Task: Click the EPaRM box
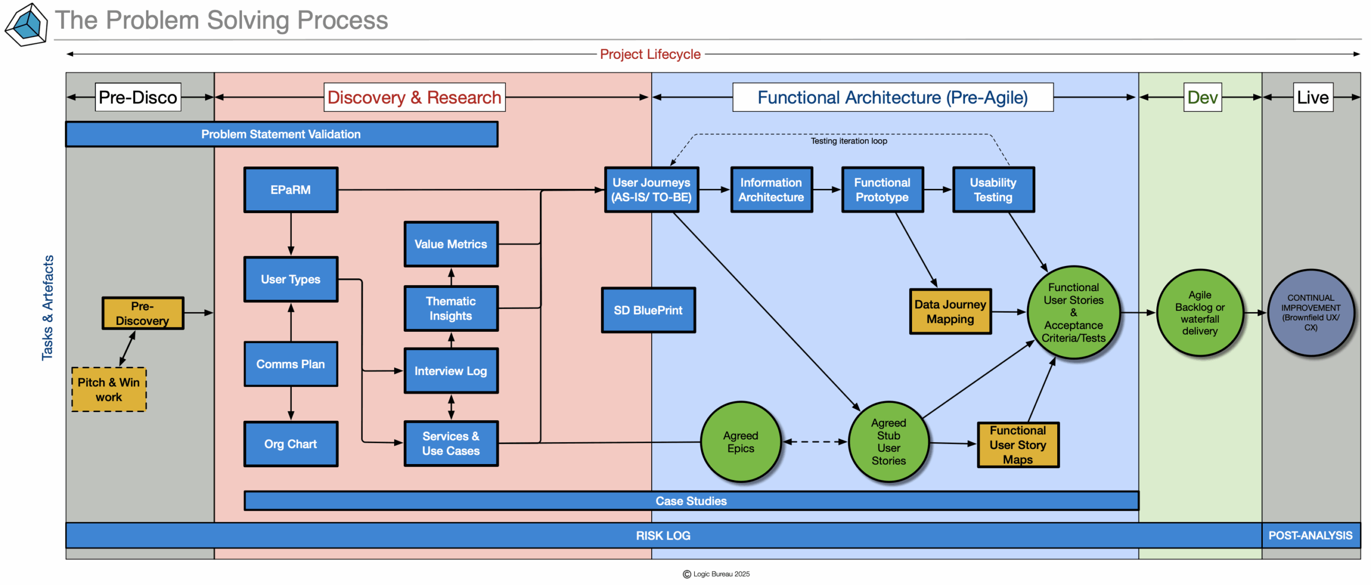290,190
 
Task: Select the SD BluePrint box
648,310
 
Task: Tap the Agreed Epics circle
741,442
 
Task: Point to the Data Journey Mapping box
950,312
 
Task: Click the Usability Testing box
993,190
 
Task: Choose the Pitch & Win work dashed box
109,390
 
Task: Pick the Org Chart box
290,444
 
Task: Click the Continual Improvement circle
1310,313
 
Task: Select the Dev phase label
1202,97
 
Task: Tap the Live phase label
1313,97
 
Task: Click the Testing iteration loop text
848,141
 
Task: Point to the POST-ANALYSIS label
1310,536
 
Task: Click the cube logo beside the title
26,25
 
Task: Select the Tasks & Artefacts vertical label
48,308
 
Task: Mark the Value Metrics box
451,245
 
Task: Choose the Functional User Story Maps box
1018,445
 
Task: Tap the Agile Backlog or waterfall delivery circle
1200,313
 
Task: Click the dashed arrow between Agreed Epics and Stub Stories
815,442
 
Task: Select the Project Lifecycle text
650,54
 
